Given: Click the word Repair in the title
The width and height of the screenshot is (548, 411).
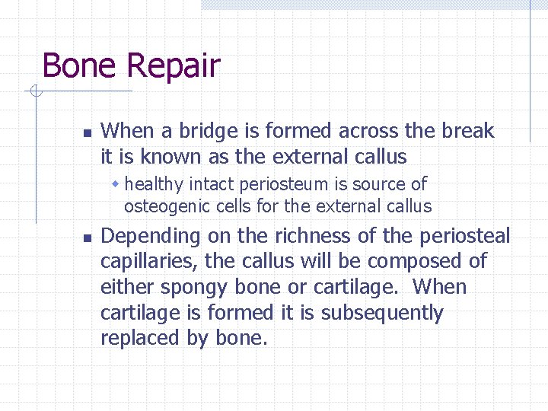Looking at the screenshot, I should point(174,65).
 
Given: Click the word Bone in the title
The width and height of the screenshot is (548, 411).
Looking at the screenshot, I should point(80,65).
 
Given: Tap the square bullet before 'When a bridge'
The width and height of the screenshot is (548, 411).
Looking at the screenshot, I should point(86,132).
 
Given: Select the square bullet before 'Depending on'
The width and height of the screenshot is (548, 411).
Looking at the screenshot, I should point(86,237).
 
